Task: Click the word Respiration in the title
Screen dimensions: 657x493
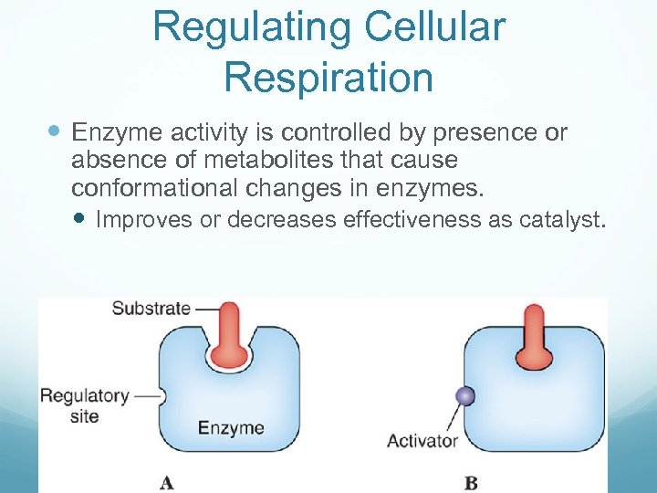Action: tap(328, 77)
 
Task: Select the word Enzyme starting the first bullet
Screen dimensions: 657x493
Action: tap(116, 133)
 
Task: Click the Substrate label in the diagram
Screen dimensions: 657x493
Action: tap(151, 308)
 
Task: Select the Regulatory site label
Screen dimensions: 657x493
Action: tap(84, 405)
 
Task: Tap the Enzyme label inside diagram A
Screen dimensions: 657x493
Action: tap(231, 427)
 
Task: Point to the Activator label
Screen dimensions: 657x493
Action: tap(422, 441)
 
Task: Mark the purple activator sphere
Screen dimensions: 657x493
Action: tap(464, 395)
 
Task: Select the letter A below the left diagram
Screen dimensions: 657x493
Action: tap(167, 480)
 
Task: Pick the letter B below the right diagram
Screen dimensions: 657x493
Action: tap(470, 481)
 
